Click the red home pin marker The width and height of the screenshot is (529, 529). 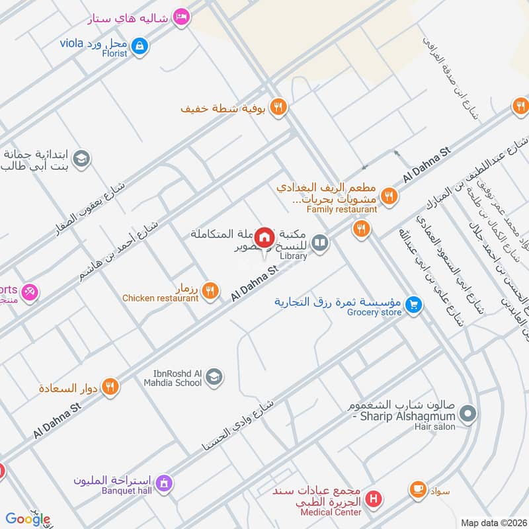pyautogui.click(x=265, y=237)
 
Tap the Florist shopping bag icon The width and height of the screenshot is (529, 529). pyautogui.click(x=140, y=46)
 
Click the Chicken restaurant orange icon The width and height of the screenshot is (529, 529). pyautogui.click(x=210, y=290)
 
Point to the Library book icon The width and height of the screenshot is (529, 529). pyautogui.click(x=320, y=243)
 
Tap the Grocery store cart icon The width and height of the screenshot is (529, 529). pyautogui.click(x=414, y=304)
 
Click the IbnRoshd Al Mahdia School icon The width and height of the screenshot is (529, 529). pyautogui.click(x=214, y=377)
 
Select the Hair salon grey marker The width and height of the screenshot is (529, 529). pyautogui.click(x=468, y=414)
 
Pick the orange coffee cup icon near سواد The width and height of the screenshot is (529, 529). pyautogui.click(x=418, y=489)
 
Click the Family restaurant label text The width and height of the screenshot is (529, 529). pyautogui.click(x=342, y=210)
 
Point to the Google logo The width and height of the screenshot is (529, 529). pyautogui.click(x=28, y=519)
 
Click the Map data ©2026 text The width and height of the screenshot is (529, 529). pyautogui.click(x=493, y=522)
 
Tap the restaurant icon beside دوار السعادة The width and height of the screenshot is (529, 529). pyautogui.click(x=110, y=387)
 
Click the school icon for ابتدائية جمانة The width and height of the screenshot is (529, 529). pyautogui.click(x=81, y=159)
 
